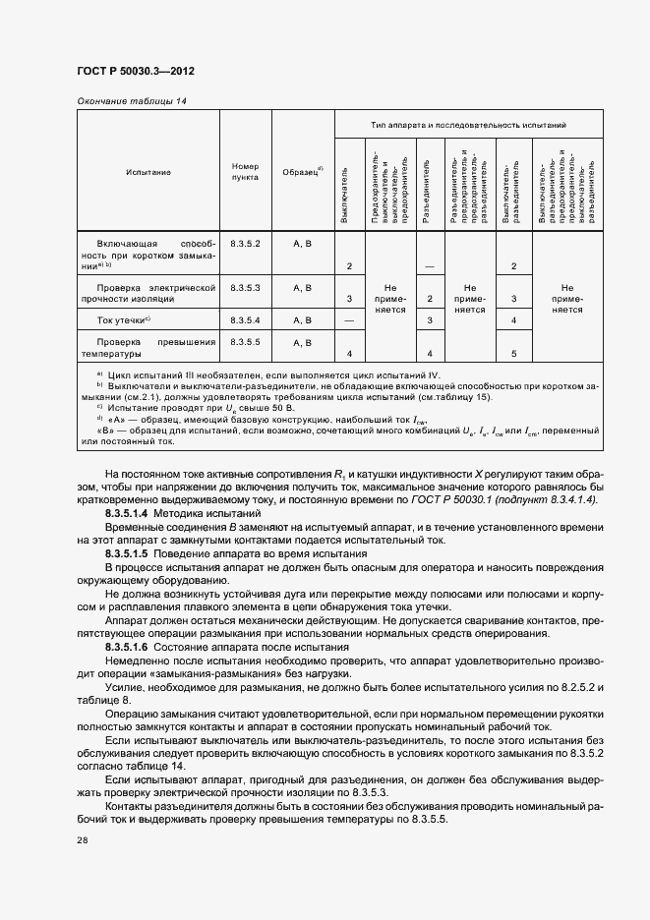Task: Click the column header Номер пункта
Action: click(245, 172)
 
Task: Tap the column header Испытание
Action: click(148, 172)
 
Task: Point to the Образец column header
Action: click(303, 172)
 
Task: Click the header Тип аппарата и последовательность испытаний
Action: click(468, 125)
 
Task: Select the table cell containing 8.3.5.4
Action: click(245, 320)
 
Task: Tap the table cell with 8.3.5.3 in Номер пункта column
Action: click(245, 287)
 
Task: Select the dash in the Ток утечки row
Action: click(349, 320)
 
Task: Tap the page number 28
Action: click(83, 840)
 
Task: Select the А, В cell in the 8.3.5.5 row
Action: click(302, 343)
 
